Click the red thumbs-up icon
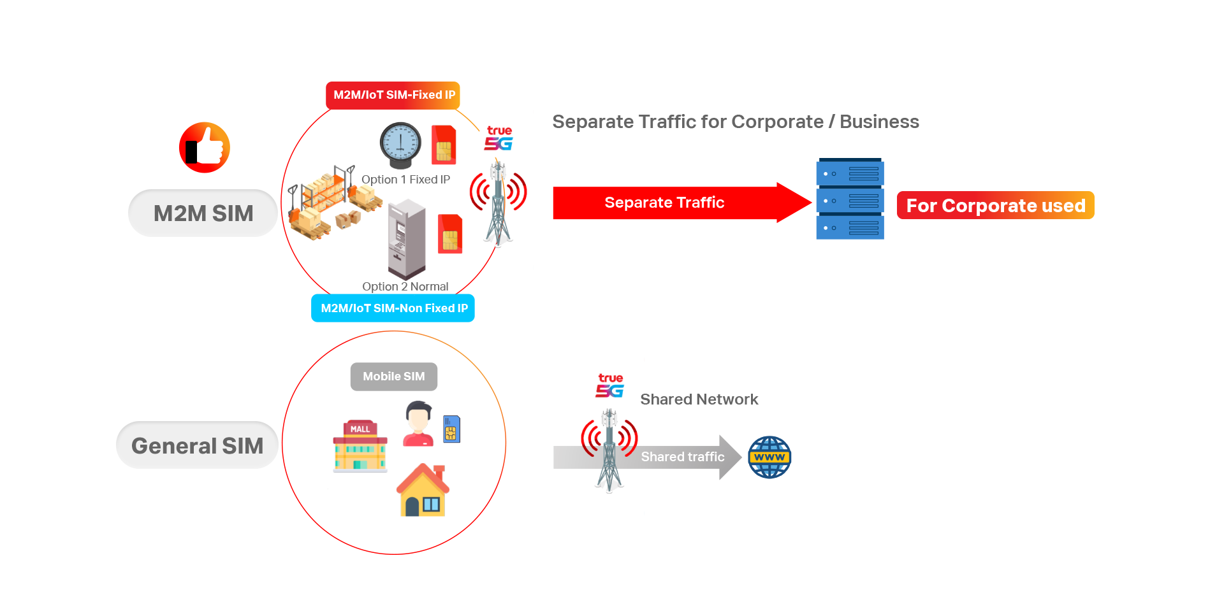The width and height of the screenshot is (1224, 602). (205, 148)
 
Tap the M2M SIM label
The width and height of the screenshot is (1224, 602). (203, 213)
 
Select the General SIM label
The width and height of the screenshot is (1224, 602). (197, 446)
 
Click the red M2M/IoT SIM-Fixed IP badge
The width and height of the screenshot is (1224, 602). (393, 95)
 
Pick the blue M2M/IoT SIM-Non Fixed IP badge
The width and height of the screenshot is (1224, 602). (393, 308)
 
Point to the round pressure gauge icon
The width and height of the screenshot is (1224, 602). (400, 145)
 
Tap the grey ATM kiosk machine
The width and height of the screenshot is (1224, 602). (407, 239)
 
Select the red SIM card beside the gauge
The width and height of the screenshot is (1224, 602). (444, 145)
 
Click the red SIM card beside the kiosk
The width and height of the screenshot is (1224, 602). (450, 234)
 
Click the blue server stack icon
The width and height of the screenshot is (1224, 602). (850, 200)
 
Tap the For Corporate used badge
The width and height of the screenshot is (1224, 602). (995, 206)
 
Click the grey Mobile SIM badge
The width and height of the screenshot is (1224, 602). (394, 376)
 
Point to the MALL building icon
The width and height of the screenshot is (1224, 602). (360, 446)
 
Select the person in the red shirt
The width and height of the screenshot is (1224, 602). (418, 424)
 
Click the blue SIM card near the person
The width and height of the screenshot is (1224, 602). (451, 429)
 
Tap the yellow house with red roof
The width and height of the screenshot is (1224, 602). (423, 490)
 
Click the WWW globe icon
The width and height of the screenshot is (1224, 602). (769, 457)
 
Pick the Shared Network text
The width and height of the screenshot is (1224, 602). (699, 399)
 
